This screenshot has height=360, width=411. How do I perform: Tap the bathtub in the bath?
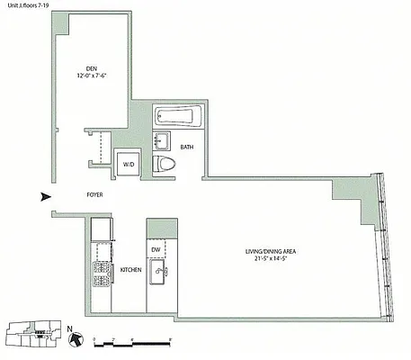tap(175, 116)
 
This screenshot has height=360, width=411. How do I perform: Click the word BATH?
tap(187, 147)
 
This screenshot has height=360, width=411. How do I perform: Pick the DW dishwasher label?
tap(156, 249)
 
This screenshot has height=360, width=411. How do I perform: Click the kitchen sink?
tap(159, 272)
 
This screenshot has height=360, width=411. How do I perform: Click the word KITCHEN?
tap(130, 269)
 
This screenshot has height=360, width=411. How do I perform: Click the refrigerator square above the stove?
tap(101, 229)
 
